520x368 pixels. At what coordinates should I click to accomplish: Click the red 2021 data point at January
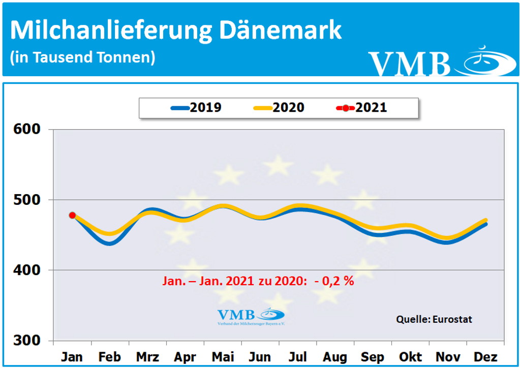pos(72,215)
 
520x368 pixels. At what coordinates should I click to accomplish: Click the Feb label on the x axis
pos(109,357)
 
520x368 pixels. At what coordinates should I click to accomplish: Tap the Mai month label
pos(223,357)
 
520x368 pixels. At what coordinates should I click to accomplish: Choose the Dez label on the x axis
pos(485,357)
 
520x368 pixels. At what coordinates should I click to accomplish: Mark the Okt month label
pos(410,357)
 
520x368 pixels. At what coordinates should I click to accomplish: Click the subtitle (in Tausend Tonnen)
pos(82,57)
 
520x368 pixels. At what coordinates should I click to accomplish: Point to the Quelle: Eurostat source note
pos(434,319)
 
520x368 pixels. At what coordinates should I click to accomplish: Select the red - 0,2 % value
pos(334,281)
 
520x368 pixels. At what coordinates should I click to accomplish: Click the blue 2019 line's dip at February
pos(109,243)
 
